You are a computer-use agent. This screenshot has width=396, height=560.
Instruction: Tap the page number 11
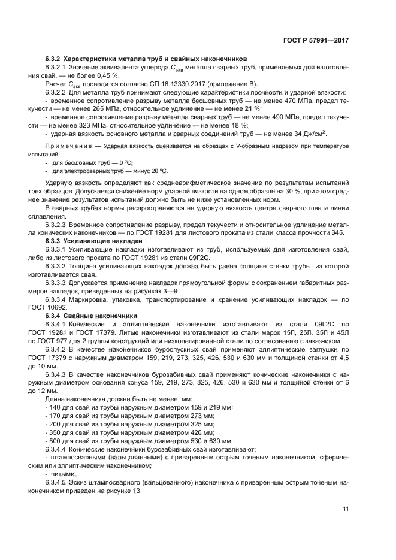point(346,509)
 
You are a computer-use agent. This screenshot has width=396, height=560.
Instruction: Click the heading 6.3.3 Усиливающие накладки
point(94,240)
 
